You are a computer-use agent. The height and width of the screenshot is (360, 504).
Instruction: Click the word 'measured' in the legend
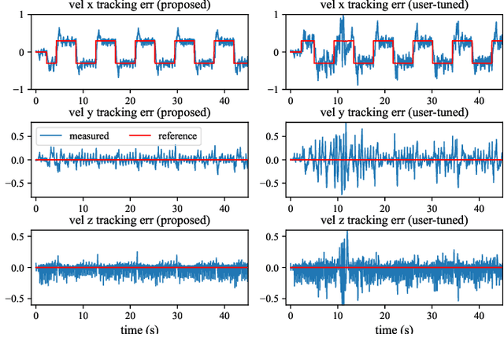[x=89, y=136]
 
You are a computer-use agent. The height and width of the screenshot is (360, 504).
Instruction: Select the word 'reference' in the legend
[x=178, y=136]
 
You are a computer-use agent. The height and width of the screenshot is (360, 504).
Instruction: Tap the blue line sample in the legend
[x=53, y=136]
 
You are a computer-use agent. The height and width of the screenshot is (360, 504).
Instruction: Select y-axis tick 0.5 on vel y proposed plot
[x=17, y=136]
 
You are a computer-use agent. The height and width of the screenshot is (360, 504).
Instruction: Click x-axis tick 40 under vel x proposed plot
[x=224, y=101]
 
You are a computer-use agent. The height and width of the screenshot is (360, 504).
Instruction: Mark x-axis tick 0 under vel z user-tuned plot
[x=291, y=316]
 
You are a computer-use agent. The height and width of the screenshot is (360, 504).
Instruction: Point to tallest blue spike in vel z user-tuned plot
[x=346, y=233]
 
